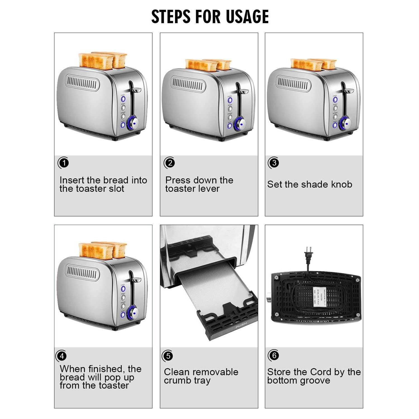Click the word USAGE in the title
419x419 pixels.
[247, 16]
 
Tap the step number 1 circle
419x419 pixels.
[64, 163]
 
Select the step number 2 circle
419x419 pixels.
[170, 163]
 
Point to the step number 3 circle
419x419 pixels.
[274, 163]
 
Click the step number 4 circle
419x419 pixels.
[62, 356]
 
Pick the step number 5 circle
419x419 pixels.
[168, 356]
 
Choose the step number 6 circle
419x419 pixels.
[274, 355]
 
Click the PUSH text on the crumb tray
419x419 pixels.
[241, 325]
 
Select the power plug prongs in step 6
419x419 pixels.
[308, 249]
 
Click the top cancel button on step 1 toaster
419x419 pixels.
[123, 99]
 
